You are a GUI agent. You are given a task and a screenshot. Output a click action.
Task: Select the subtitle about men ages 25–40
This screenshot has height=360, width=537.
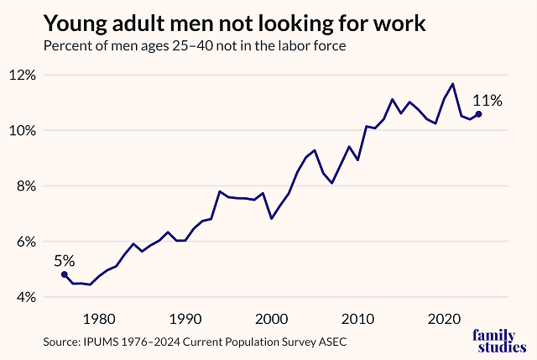pyautogui.click(x=196, y=45)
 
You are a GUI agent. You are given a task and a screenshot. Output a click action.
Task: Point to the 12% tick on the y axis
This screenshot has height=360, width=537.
pyautogui.click(x=23, y=75)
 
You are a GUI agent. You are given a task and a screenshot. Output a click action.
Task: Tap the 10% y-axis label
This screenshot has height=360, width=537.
pyautogui.click(x=23, y=130)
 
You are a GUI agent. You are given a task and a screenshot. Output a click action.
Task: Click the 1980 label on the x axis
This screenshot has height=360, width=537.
pyautogui.click(x=99, y=319)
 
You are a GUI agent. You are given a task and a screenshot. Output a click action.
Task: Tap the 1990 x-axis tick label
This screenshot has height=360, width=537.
pyautogui.click(x=185, y=319)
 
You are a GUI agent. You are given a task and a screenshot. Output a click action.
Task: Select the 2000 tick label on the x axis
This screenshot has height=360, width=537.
pyautogui.click(x=272, y=319)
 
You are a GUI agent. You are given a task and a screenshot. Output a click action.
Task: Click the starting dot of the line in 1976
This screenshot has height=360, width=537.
pyautogui.click(x=65, y=274)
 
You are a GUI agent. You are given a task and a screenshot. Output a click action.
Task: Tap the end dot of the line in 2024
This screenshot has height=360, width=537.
pyautogui.click(x=478, y=114)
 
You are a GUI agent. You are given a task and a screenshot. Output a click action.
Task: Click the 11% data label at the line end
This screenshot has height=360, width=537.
pyautogui.click(x=487, y=101)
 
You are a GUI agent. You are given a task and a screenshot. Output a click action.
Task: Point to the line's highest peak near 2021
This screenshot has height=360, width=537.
pyautogui.click(x=453, y=84)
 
